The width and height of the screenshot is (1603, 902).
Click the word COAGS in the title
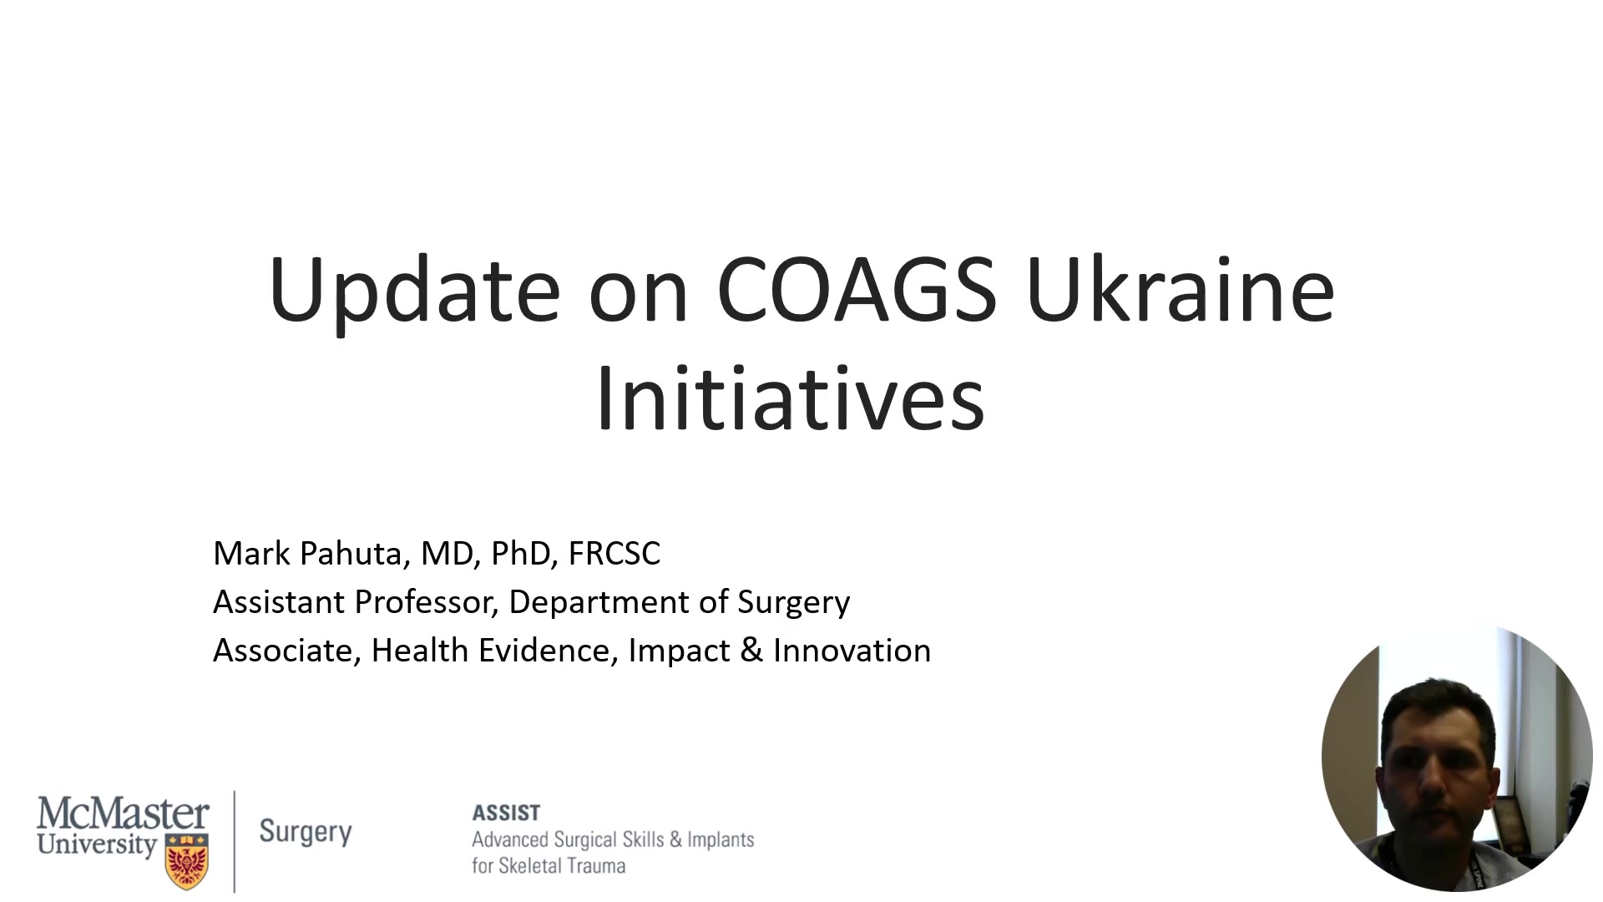point(857,289)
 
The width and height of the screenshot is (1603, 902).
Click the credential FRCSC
point(614,554)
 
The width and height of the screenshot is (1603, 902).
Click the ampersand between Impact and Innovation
point(751,651)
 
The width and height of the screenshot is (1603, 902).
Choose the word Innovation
point(852,651)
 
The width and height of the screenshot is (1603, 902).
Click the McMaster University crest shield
point(186,862)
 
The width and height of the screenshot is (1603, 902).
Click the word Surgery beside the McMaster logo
point(306,832)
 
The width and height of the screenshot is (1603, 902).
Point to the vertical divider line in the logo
point(235,842)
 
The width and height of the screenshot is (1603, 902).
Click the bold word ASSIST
point(506,813)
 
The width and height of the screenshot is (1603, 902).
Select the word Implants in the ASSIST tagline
point(721,840)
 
